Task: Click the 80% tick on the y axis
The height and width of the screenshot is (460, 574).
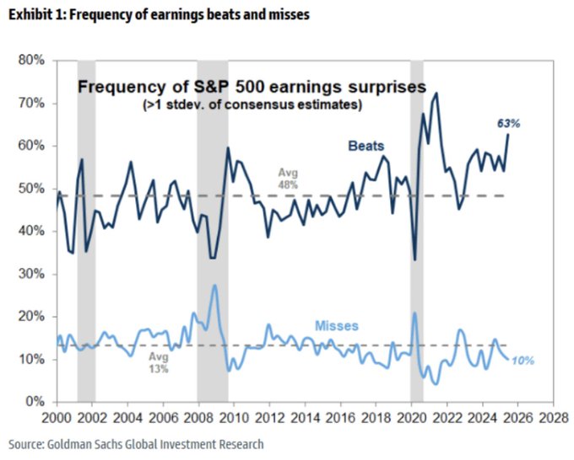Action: pos(32,61)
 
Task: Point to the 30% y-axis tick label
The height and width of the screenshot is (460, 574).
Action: pos(32,274)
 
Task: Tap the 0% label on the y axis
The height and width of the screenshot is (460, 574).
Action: pos(35,402)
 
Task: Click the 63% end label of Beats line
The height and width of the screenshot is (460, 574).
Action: pos(508,123)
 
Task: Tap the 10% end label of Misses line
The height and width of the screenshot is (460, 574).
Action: pos(523,361)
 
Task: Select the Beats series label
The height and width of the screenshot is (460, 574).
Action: pos(366,146)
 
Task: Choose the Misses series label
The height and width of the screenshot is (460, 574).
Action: pos(338,325)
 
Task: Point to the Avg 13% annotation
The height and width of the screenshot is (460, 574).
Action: pos(160,362)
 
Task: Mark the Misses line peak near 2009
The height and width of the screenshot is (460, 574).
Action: pos(215,286)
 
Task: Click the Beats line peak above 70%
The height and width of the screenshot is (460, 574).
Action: pos(436,94)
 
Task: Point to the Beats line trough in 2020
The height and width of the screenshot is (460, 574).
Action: pos(414,259)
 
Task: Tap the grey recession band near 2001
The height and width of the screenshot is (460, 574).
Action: pos(86,227)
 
